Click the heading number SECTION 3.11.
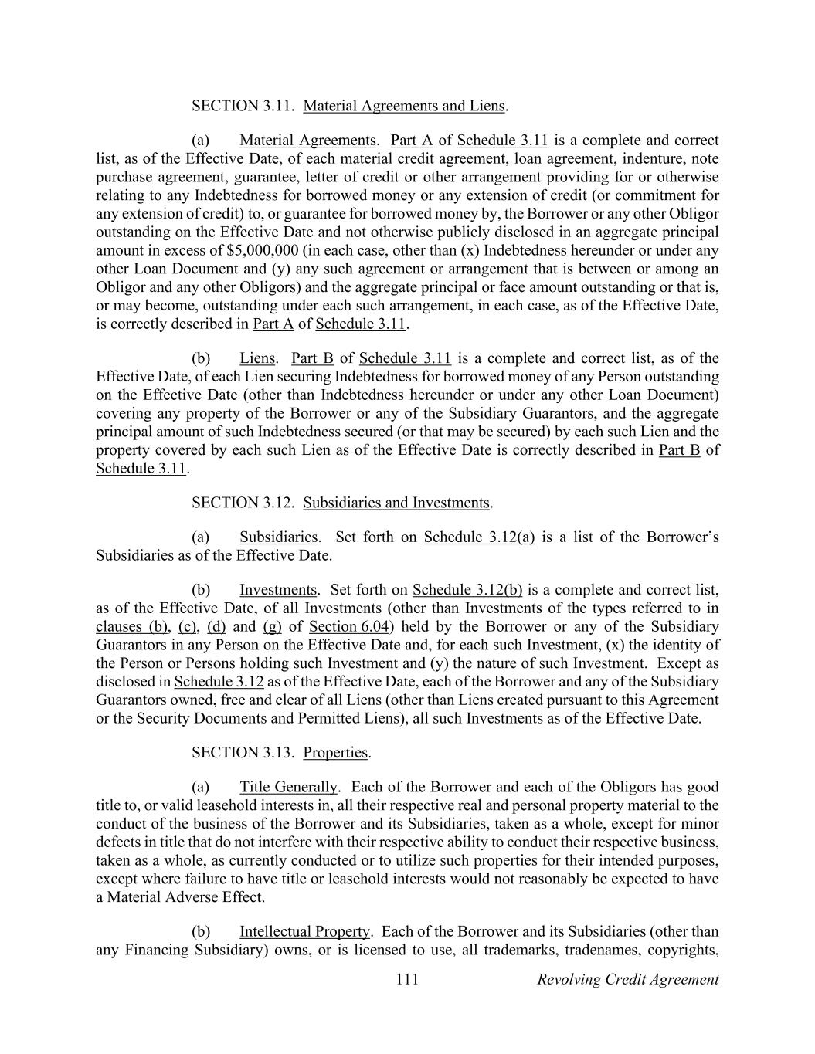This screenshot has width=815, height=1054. pyautogui.click(x=243, y=106)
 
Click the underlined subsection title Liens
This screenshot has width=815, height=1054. pyautogui.click(x=257, y=358)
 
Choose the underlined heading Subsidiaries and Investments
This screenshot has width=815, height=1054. pyautogui.click(x=396, y=503)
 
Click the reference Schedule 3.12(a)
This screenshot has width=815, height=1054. pyautogui.click(x=479, y=537)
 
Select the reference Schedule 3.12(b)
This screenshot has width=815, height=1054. pyautogui.click(x=467, y=590)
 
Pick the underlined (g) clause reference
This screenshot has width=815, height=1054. pyautogui.click(x=272, y=626)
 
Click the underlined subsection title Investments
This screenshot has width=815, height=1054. pyautogui.click(x=278, y=590)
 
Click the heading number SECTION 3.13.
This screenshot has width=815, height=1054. pyautogui.click(x=243, y=752)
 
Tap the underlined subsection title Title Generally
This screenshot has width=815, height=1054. pyautogui.click(x=288, y=787)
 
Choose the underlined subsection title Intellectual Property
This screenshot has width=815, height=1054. pyautogui.click(x=304, y=931)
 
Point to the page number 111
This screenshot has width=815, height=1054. pyautogui.click(x=407, y=979)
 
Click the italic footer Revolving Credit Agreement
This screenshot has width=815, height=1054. pyautogui.click(x=627, y=979)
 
